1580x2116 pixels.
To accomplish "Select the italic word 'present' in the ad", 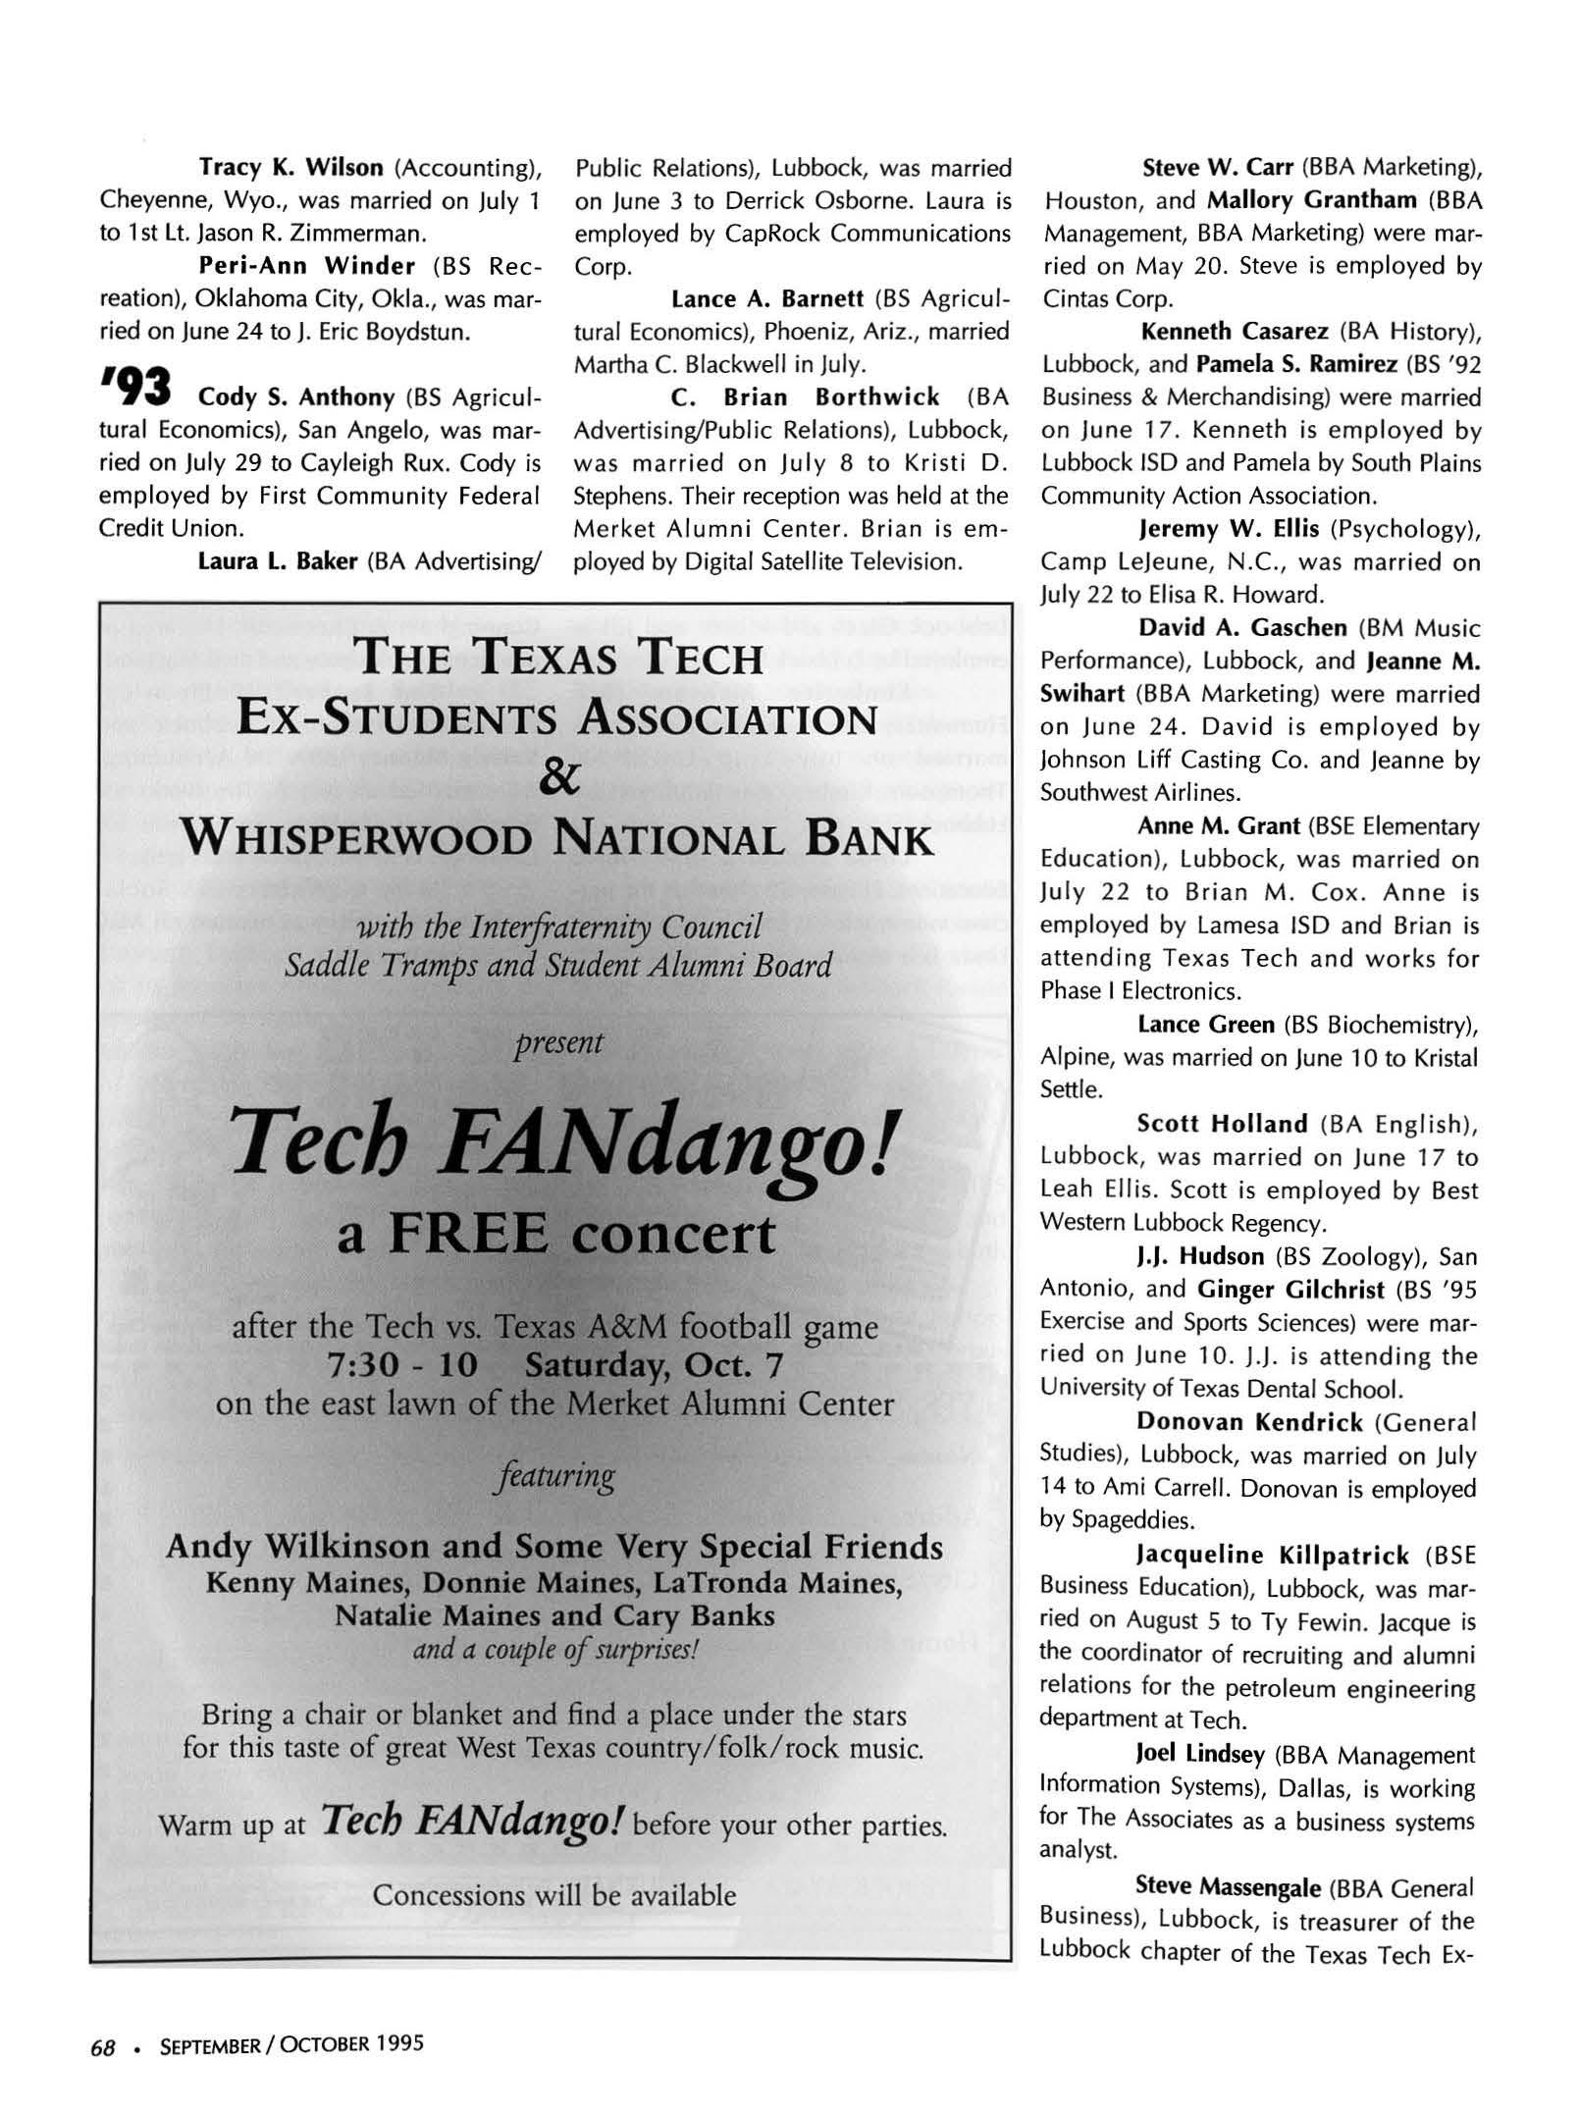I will [x=558, y=1041].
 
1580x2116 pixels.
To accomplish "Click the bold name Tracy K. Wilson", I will [x=290, y=168].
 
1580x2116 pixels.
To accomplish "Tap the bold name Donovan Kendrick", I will [x=1249, y=1422].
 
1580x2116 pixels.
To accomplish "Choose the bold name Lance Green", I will [x=1205, y=1025].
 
